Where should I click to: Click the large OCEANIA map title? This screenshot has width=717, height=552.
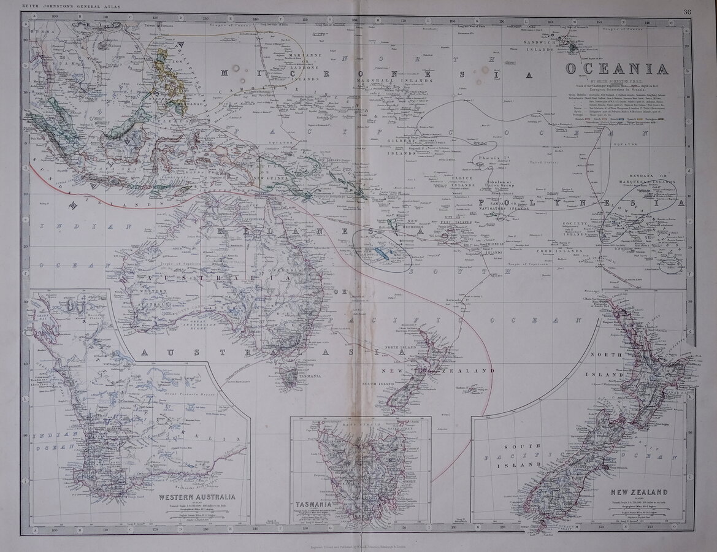click(616, 69)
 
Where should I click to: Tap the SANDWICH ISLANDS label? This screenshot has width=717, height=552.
click(539, 45)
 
